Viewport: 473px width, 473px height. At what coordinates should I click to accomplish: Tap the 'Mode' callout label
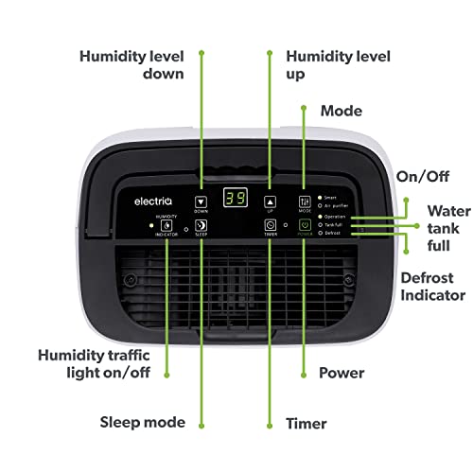pyautogui.click(x=341, y=111)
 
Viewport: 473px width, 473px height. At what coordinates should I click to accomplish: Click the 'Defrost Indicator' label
pyautogui.click(x=433, y=287)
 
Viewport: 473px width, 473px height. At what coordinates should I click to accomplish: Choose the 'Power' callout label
pyautogui.click(x=342, y=373)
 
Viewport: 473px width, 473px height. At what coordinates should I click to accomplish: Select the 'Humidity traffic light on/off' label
pyautogui.click(x=92, y=364)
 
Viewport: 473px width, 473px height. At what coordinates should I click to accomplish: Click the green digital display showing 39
pyautogui.click(x=235, y=199)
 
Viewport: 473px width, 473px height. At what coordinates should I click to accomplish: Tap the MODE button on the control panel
pyautogui.click(x=305, y=201)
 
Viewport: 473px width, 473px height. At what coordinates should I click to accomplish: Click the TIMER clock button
pyautogui.click(x=271, y=226)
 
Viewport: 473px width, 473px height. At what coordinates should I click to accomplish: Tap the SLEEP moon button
pyautogui.click(x=201, y=226)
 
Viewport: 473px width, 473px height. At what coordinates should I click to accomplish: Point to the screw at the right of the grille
pyautogui.click(x=347, y=281)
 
